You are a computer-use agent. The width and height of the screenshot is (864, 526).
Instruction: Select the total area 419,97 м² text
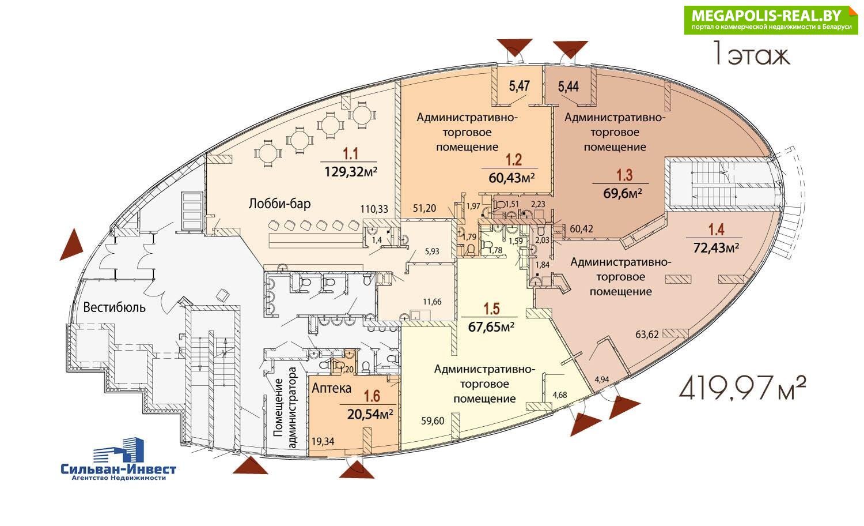point(742,388)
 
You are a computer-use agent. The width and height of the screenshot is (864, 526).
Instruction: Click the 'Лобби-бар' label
point(279,204)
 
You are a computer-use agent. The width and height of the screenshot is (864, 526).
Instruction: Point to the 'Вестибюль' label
point(115,307)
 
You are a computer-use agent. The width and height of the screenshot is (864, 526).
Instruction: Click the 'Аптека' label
point(331,388)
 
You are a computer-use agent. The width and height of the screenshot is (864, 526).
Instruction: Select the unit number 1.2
point(514,160)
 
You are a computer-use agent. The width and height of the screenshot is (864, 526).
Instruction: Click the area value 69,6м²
point(623,193)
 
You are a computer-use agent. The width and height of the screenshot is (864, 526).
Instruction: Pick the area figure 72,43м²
point(717,247)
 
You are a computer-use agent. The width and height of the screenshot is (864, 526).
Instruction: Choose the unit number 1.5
point(492,309)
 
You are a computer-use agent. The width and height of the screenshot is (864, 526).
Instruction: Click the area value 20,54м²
point(370,414)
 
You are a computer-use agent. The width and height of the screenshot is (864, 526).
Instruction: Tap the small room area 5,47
point(519,86)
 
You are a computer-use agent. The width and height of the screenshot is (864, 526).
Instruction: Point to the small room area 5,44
point(568,87)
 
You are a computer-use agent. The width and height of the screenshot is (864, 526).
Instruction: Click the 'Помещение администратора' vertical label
point(285,407)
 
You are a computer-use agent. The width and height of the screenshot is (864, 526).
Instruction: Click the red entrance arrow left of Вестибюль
point(71,245)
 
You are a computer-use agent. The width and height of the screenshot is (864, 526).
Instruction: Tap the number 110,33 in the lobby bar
point(374,209)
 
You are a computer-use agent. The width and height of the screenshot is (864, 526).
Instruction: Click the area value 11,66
point(432,302)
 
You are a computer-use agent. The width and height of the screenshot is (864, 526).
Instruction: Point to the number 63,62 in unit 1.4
point(647,334)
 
